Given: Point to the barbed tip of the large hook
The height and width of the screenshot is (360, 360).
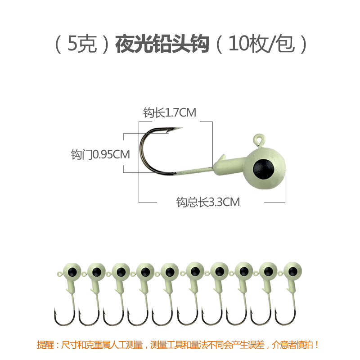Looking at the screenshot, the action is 179,130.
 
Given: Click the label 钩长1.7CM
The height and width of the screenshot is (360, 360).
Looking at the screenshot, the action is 170,113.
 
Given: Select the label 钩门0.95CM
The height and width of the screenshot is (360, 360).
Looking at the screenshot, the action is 100,155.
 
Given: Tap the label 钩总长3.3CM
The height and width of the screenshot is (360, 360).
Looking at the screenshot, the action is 208,202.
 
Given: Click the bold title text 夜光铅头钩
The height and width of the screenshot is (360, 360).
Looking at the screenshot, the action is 162,45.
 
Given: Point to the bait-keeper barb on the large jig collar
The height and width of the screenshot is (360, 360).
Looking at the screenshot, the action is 220,158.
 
